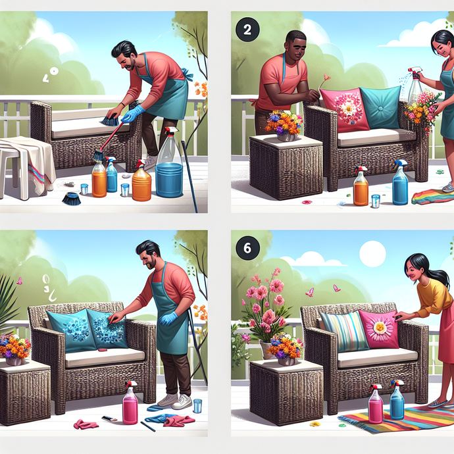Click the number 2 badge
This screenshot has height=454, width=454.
[247, 29]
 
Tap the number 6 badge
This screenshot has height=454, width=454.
[247, 248]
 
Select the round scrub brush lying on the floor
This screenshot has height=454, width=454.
[71, 198]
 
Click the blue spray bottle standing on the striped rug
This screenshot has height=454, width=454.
[397, 401]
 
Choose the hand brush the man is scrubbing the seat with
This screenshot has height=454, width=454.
[110, 120]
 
